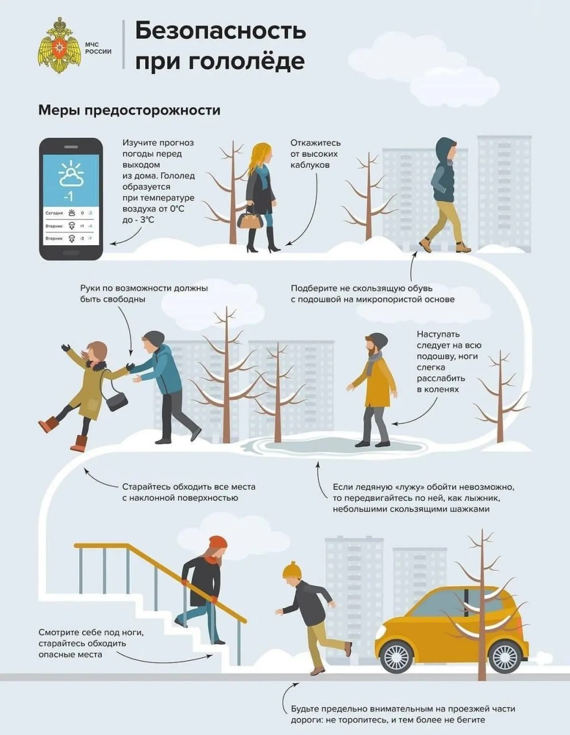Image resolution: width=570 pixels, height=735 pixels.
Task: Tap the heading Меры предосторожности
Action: point(129,110)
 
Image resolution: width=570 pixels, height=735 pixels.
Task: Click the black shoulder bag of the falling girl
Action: point(117,400)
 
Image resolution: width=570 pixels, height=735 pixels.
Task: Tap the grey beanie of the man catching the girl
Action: point(153,338)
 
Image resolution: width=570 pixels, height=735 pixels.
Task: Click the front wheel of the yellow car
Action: point(396,656)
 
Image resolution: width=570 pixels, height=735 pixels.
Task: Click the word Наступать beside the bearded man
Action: point(438,334)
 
